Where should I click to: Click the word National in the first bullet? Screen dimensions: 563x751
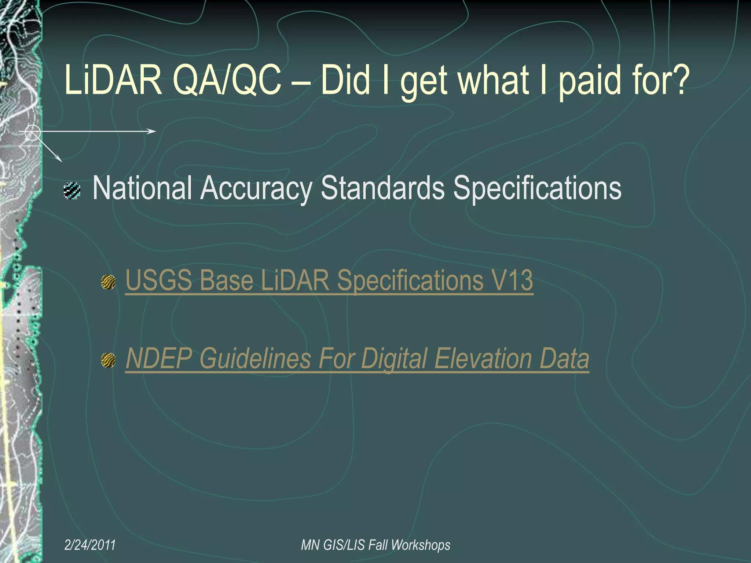tap(142, 188)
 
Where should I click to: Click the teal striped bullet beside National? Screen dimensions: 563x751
tap(72, 191)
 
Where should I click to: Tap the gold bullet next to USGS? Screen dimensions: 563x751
tap(109, 282)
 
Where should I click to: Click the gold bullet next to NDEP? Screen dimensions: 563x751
tap(109, 360)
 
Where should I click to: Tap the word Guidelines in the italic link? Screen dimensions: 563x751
tap(255, 358)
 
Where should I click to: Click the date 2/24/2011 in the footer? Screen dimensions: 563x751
tap(90, 545)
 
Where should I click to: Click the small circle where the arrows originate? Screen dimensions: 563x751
tap(33, 132)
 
